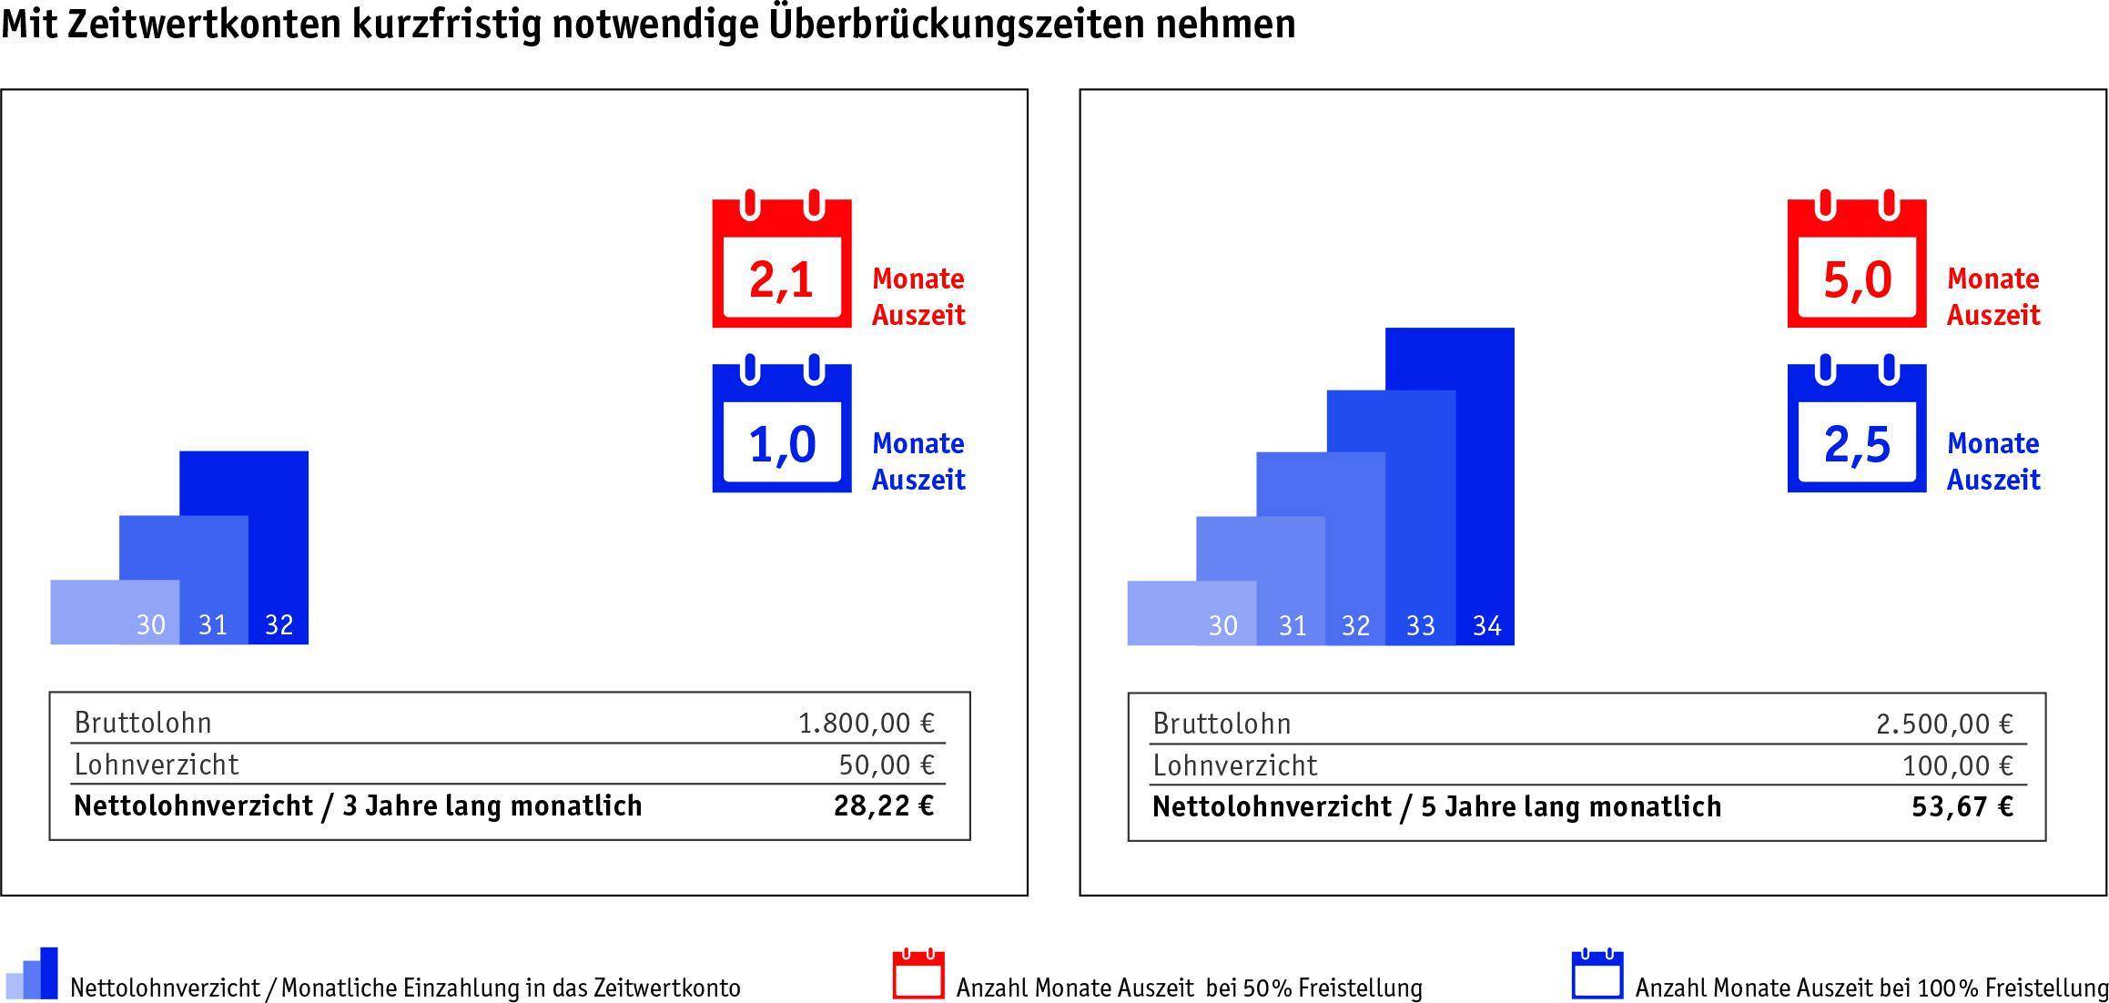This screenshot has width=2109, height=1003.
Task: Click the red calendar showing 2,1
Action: click(781, 264)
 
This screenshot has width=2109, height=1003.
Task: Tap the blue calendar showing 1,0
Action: click(781, 430)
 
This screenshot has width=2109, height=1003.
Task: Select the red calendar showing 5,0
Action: click(1856, 264)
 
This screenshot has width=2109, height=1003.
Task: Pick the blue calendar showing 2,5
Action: click(1856, 430)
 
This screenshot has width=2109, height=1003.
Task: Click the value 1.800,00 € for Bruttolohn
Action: click(866, 723)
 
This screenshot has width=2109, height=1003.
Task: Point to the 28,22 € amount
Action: click(884, 805)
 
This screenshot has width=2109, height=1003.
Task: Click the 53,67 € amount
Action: click(1962, 806)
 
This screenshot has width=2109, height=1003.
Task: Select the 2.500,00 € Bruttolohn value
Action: click(1944, 724)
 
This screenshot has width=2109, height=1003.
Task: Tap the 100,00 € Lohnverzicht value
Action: click(1957, 765)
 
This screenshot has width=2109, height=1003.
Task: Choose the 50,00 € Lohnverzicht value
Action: click(887, 765)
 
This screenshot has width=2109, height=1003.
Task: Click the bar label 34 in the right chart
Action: click(1486, 626)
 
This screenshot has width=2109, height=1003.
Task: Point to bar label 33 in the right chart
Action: click(1420, 626)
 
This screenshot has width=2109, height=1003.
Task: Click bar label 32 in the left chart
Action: click(279, 625)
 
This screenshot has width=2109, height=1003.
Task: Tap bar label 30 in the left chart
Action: click(151, 625)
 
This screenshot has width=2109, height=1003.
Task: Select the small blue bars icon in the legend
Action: click(32, 974)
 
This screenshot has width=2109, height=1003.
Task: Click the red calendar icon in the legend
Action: click(918, 975)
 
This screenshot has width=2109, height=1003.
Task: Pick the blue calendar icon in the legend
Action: click(1597, 975)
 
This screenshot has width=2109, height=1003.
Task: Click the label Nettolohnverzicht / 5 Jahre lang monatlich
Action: click(1436, 806)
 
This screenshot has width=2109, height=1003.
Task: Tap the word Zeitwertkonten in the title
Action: click(204, 24)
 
